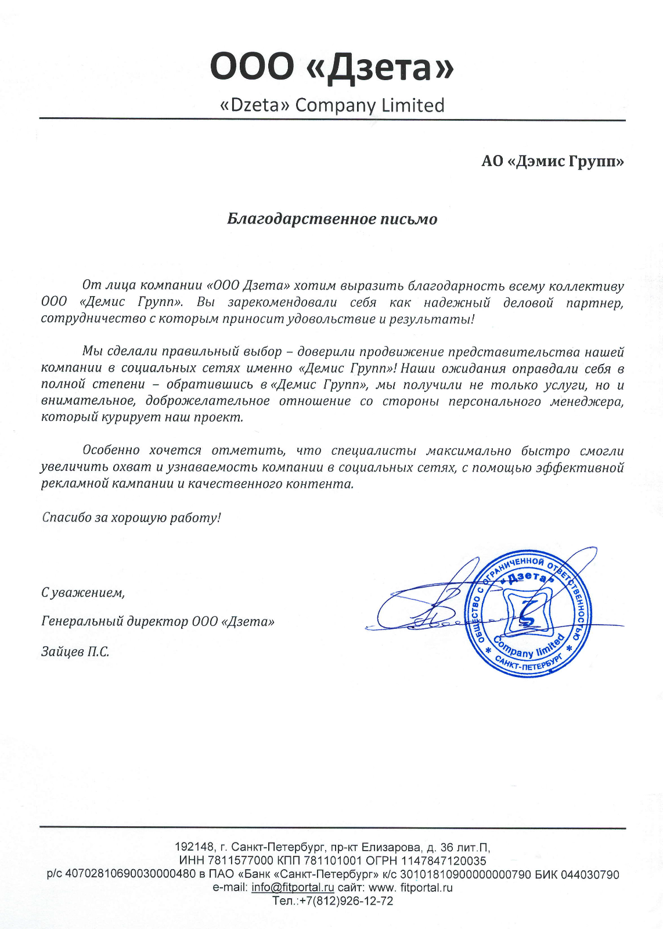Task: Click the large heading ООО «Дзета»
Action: (x=331, y=67)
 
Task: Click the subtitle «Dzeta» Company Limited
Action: (x=332, y=105)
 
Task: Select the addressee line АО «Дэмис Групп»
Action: (x=552, y=161)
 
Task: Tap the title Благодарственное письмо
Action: (x=331, y=219)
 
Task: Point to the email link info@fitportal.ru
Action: (x=293, y=888)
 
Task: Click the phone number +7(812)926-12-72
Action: (x=346, y=901)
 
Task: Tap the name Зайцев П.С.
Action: (x=75, y=651)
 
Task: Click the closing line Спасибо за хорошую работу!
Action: (x=131, y=517)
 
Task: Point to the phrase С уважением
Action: (x=83, y=592)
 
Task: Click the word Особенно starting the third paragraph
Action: (x=111, y=451)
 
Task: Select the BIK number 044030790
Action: (x=590, y=875)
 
